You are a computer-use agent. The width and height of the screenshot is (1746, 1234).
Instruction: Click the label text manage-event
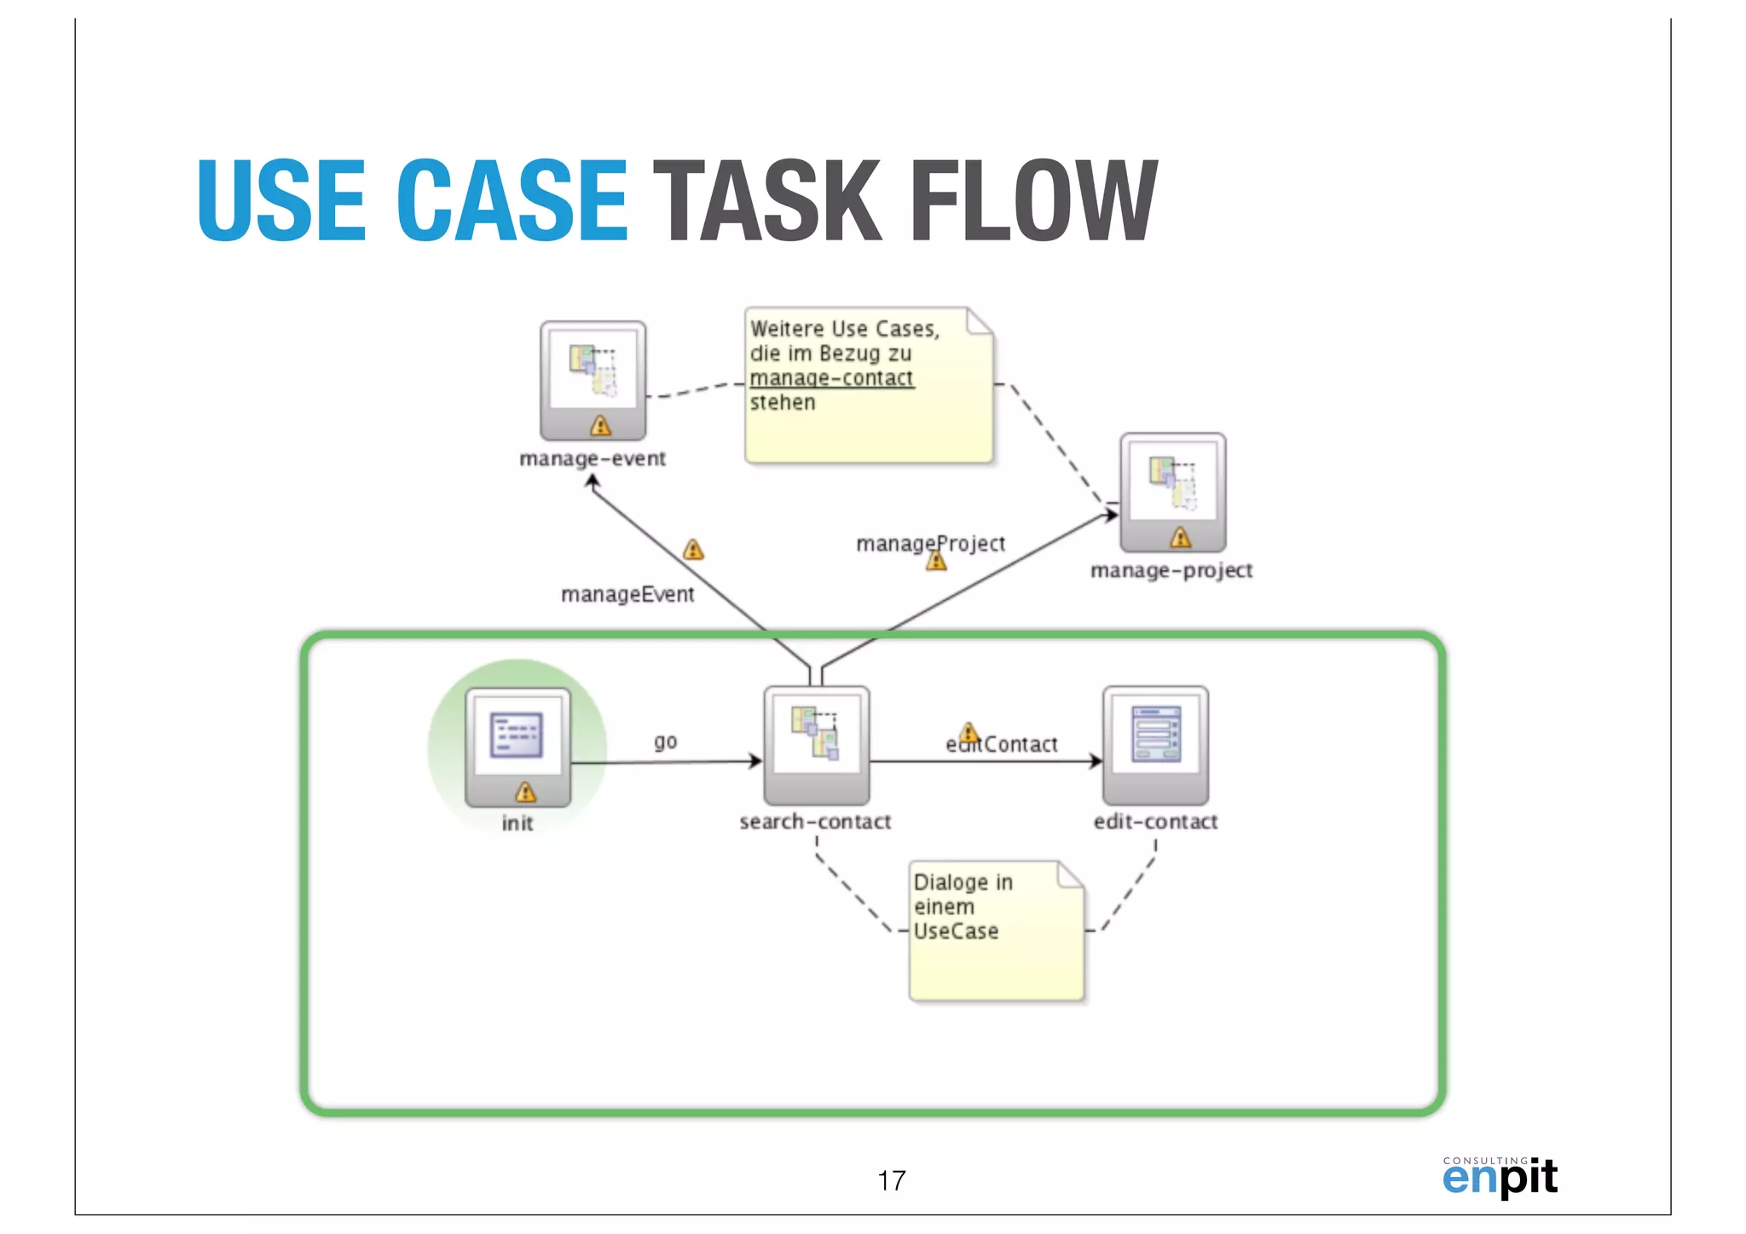click(593, 458)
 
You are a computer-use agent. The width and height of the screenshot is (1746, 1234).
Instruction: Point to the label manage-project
click(1171, 570)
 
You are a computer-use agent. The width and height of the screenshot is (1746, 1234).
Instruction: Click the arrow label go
click(666, 741)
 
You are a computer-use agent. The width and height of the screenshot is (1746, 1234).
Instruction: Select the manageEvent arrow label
click(627, 594)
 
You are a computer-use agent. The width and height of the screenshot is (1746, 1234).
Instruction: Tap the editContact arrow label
click(1002, 745)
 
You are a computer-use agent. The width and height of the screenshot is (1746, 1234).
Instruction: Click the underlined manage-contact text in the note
click(831, 378)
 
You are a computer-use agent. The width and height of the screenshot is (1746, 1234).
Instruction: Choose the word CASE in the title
click(512, 201)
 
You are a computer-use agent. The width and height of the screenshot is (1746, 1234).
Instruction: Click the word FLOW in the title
click(1033, 201)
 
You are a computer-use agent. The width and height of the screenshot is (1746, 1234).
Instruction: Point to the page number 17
click(891, 1180)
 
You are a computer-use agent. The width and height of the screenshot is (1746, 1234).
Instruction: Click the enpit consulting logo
click(1500, 1176)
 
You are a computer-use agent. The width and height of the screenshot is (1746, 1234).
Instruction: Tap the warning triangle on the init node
click(526, 793)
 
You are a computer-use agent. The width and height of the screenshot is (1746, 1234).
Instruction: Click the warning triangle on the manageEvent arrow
click(693, 550)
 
